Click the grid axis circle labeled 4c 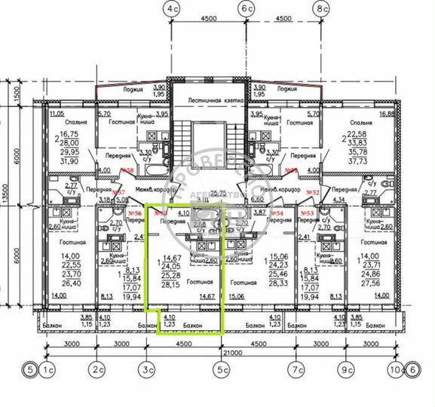pyautogui.click(x=173, y=9)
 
